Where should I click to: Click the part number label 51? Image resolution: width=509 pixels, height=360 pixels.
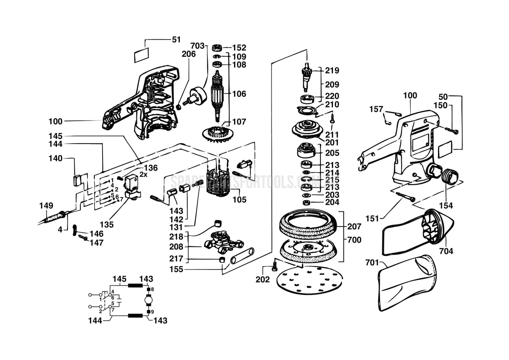176,40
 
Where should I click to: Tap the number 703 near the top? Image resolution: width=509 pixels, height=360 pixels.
197,46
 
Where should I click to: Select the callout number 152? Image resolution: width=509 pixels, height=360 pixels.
239,48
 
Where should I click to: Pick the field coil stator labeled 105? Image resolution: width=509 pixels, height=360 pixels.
218,181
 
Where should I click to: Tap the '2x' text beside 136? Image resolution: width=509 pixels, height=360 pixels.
143,175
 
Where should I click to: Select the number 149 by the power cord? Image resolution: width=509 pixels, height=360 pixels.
46,206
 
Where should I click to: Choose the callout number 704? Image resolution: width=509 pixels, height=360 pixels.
446,251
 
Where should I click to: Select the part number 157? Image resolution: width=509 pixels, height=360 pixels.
376,109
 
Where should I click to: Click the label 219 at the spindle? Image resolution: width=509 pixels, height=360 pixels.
332,70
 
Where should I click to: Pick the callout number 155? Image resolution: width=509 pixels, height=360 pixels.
176,269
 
